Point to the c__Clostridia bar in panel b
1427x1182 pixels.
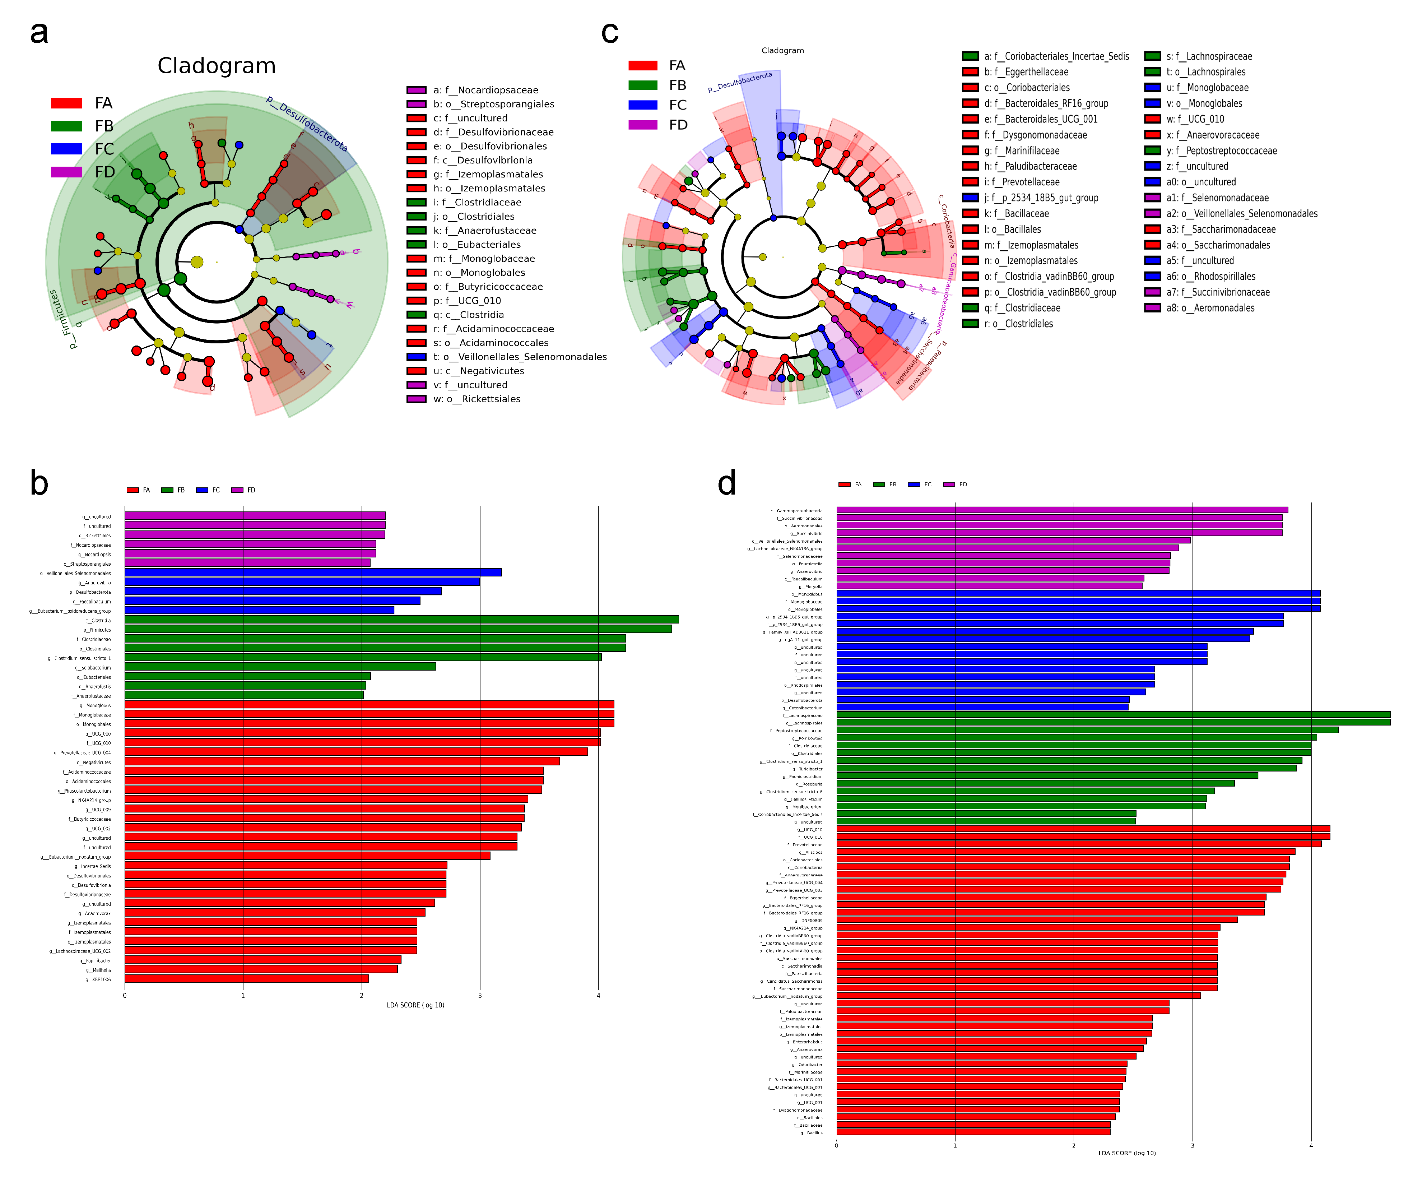pyautogui.click(x=401, y=619)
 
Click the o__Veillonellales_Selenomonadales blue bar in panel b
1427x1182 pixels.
pyautogui.click(x=312, y=572)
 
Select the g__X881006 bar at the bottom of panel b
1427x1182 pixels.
pyautogui.click(x=246, y=979)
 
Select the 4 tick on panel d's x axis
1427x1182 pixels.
pyautogui.click(x=1311, y=1145)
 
